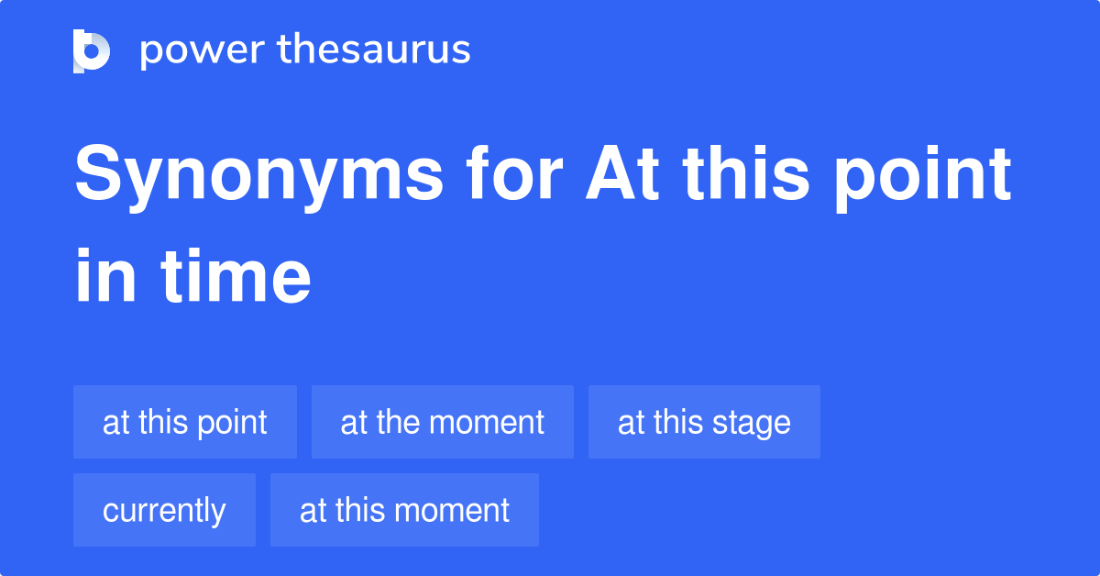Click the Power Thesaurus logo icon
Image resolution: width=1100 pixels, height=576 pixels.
pos(92,50)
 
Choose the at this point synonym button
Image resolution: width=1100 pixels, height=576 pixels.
pos(185,422)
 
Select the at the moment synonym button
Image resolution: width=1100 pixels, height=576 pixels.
pos(443,422)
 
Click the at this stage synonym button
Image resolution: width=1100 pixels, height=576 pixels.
pos(704,422)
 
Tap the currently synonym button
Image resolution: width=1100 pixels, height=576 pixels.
pos(164,510)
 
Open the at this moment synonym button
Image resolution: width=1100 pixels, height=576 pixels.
pos(404,510)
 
